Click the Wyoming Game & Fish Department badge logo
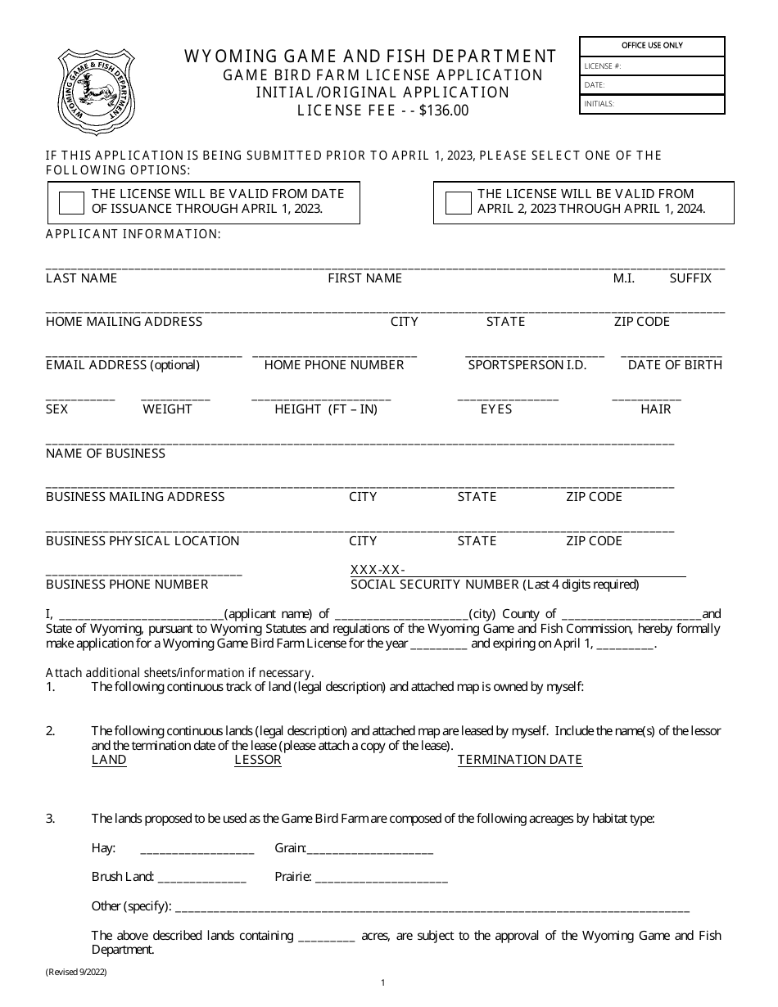coord(97,91)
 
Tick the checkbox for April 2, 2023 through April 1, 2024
coord(458,203)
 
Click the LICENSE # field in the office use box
coord(652,66)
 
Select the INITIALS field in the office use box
coord(652,104)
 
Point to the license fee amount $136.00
coord(443,111)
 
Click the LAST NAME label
coord(81,278)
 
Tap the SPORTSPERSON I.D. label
coord(527,365)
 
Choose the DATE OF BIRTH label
coord(675,365)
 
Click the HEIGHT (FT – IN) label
coord(325,409)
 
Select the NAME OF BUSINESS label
coord(105,454)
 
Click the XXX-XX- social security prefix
coord(378,570)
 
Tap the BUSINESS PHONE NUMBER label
coord(127,585)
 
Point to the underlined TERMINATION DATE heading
coord(519,760)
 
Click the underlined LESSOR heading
coord(257,760)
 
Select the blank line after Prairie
coord(381,878)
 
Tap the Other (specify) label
coord(131,906)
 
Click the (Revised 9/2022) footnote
coord(76,972)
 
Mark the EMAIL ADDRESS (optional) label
coord(122,365)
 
